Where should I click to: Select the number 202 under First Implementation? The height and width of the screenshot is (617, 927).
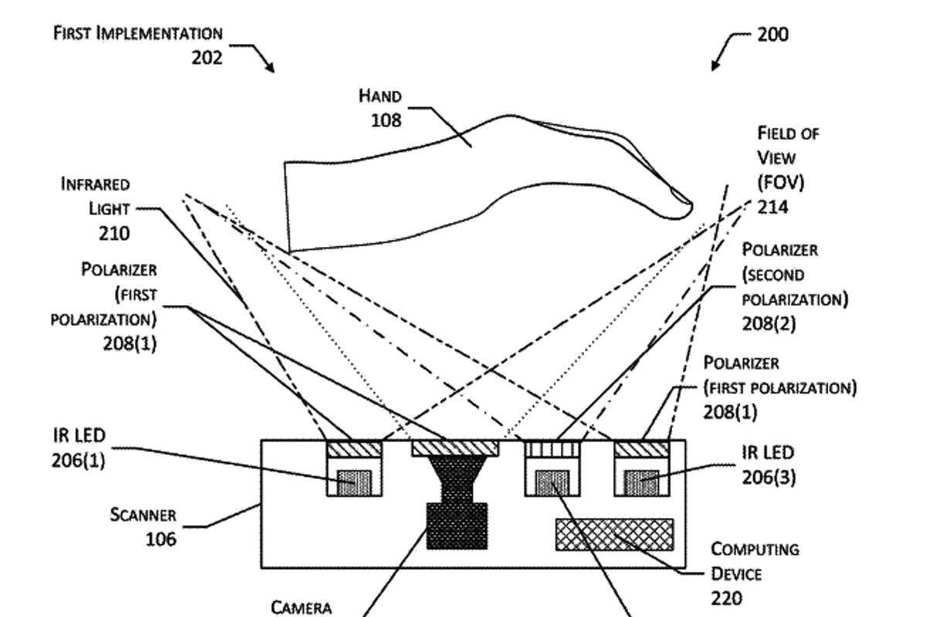coord(207,57)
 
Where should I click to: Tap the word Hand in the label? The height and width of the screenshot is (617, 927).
coord(380,97)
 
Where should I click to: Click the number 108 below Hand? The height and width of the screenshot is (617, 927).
coord(385,120)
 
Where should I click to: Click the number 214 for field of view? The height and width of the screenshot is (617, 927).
coord(772,208)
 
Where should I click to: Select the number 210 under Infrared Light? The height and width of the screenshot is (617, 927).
coord(114,232)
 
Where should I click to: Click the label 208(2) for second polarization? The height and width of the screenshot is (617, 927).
coord(769,324)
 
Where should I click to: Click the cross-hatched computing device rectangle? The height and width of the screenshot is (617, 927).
coord(614,534)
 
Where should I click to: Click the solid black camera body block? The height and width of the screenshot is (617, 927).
coord(457,525)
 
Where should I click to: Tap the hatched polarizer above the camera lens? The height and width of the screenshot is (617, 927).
coord(457,447)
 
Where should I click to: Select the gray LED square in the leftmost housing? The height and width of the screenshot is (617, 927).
coord(355,483)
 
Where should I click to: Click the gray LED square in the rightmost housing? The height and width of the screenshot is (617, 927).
coord(640,483)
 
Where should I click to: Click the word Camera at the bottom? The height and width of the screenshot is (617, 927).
coord(301,608)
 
